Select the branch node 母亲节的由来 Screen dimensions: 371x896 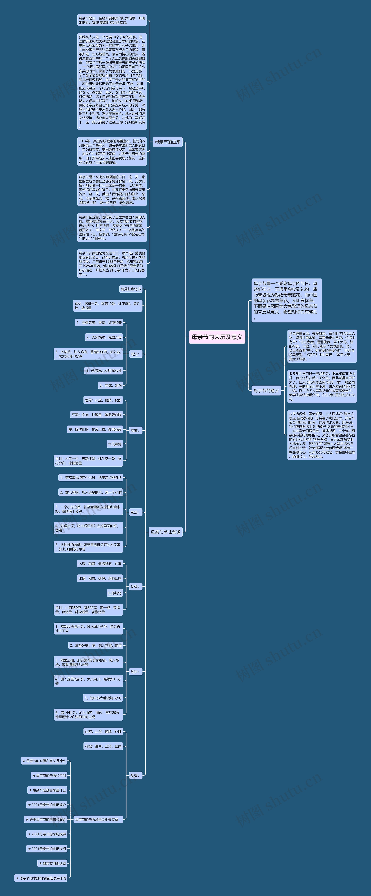[x=168, y=142]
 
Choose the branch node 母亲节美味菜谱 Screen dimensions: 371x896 [x=165, y=532]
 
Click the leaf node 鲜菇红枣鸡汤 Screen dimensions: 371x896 [x=131, y=289]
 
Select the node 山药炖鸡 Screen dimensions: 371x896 [x=115, y=593]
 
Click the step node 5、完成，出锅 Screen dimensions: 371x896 [x=110, y=385]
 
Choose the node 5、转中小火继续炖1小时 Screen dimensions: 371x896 [x=103, y=698]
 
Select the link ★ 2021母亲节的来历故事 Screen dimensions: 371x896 [x=47, y=834]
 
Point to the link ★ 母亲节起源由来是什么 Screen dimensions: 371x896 [x=48, y=790]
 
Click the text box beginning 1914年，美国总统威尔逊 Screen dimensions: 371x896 [x=112, y=152]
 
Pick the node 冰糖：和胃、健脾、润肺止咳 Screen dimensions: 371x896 [x=100, y=578]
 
